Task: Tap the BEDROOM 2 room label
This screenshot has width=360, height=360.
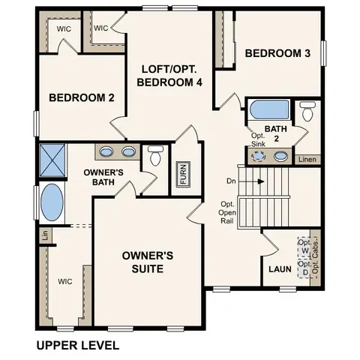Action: (70, 97)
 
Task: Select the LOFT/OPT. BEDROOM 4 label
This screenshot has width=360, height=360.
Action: (172, 76)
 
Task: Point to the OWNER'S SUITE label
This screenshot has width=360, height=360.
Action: (148, 262)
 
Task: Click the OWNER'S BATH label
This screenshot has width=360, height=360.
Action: (97, 177)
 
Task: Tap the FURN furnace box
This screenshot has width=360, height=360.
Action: (181, 174)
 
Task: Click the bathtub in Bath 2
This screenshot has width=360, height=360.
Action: (264, 110)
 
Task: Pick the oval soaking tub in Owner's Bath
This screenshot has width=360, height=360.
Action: (51, 202)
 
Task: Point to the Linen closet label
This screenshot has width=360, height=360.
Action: (306, 159)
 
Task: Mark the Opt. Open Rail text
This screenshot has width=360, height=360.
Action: (228, 214)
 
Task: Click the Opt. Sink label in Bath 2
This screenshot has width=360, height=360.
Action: (258, 139)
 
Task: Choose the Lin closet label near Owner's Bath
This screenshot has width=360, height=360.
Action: (44, 235)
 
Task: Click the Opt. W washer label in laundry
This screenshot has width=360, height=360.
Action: (304, 247)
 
